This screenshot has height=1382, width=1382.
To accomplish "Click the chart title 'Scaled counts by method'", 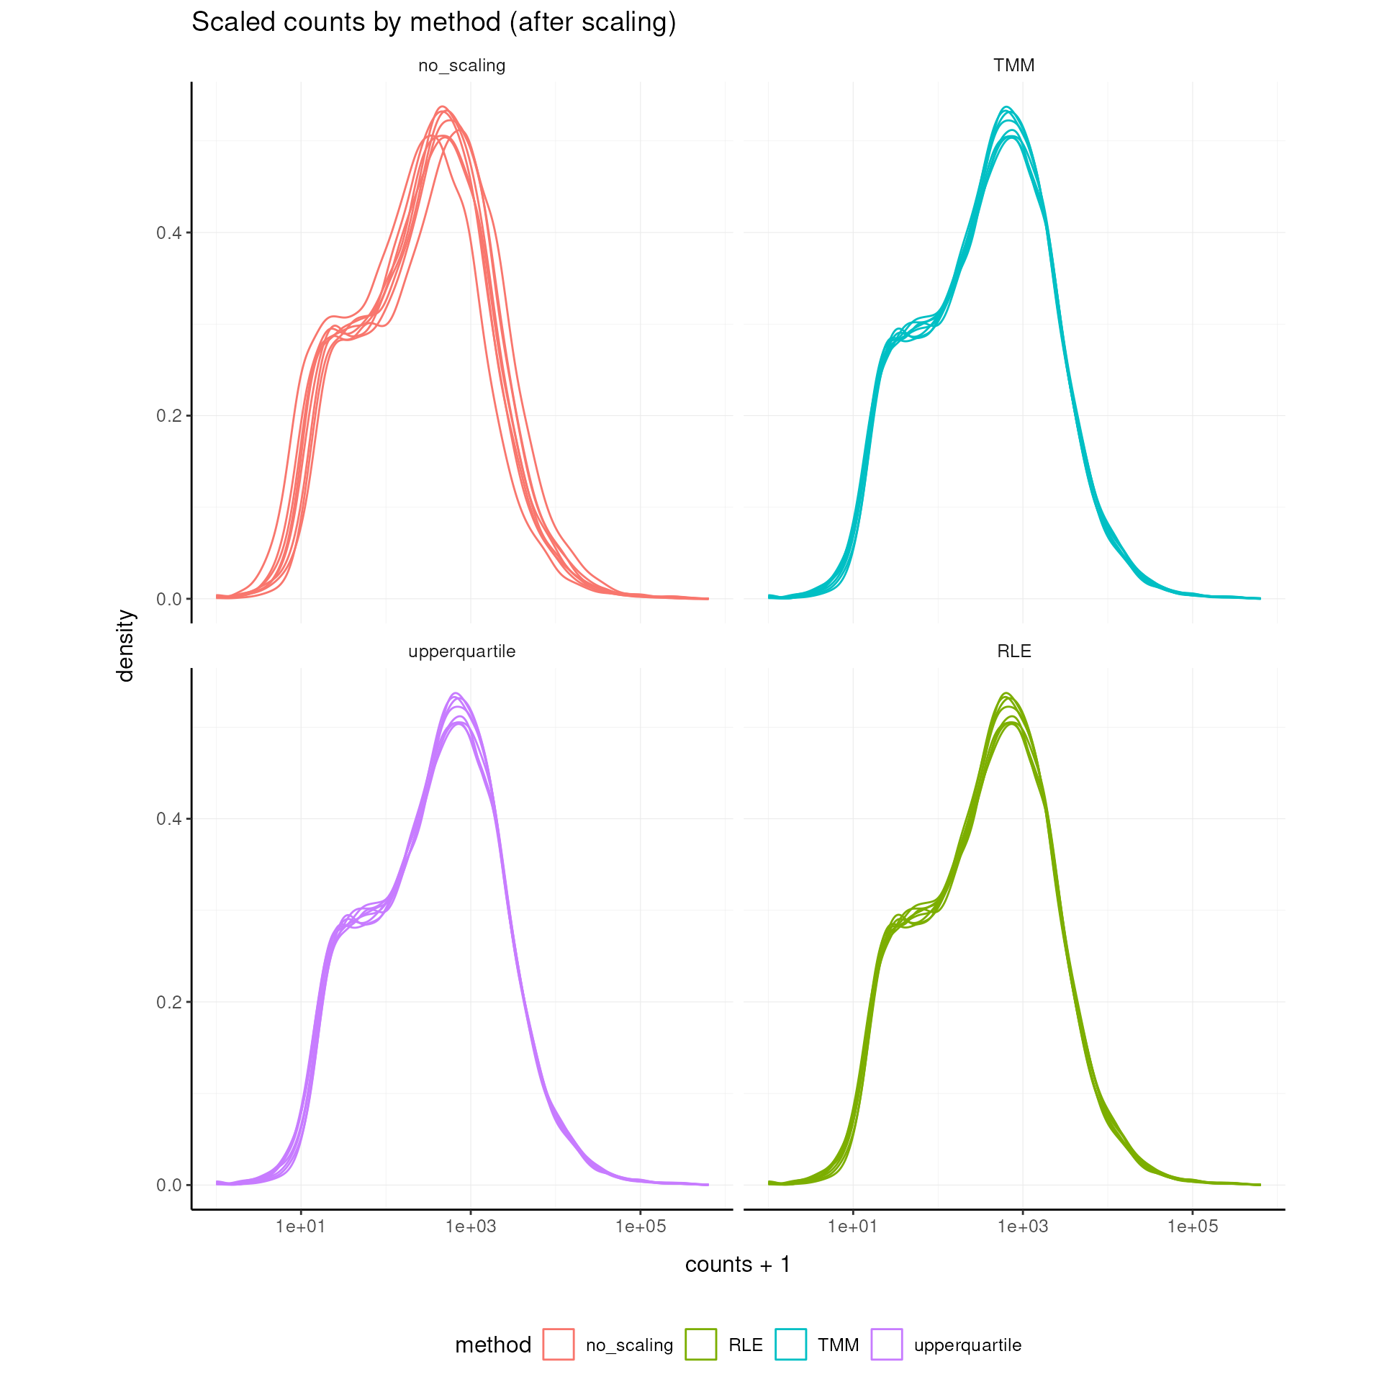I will (433, 22).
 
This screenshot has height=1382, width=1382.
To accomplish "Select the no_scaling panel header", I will (461, 66).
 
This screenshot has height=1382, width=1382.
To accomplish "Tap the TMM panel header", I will (1013, 66).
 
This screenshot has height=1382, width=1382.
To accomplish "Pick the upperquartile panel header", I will (461, 651).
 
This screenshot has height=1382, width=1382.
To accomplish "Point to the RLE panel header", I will (1013, 651).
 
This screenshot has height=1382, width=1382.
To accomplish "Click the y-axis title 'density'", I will (125, 645).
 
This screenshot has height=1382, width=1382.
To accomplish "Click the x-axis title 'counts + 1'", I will (738, 1264).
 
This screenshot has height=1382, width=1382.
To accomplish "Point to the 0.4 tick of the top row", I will (169, 232).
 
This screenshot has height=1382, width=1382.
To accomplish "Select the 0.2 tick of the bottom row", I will (169, 1002).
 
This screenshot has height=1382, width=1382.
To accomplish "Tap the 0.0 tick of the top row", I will (169, 599).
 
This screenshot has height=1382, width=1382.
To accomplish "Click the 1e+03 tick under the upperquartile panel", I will (471, 1226).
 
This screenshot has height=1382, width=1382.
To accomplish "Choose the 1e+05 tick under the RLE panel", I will (1192, 1226).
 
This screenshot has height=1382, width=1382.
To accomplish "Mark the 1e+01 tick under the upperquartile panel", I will (301, 1226).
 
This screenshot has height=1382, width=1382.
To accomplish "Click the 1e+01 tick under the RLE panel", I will (853, 1226).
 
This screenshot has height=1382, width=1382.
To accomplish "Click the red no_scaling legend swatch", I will (559, 1345).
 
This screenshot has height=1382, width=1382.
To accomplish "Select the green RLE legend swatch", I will (700, 1345).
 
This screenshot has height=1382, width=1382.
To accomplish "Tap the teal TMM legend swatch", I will (790, 1345).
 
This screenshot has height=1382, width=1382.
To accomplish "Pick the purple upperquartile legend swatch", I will (886, 1345).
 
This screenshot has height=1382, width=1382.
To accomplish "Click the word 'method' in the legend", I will (493, 1345).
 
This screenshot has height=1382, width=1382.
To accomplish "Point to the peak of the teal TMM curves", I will (1007, 108).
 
